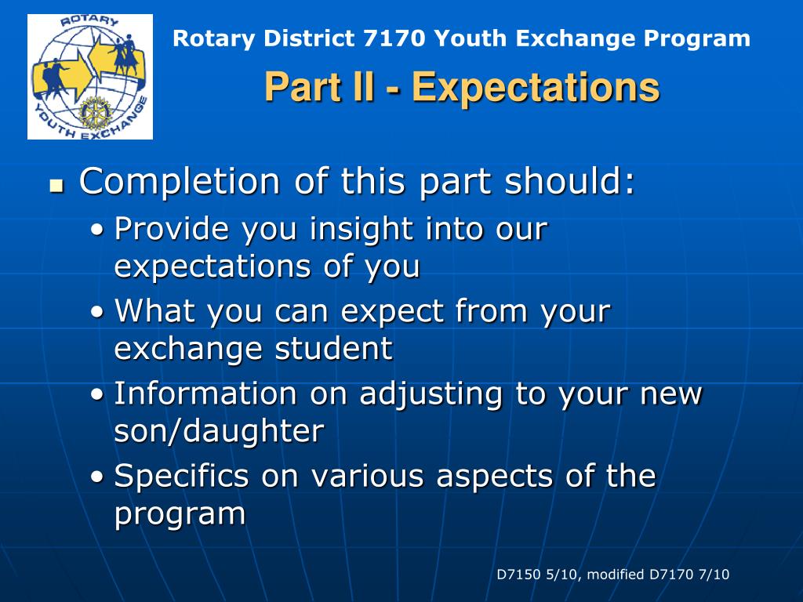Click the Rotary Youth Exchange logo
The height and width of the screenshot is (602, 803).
click(90, 77)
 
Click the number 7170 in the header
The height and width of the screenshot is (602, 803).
click(394, 38)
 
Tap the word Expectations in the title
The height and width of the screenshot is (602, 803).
click(536, 87)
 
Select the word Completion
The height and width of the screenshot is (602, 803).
click(180, 181)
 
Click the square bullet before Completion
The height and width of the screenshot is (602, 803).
click(56, 186)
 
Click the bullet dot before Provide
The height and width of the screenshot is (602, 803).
click(97, 230)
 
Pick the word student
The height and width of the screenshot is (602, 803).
click(334, 349)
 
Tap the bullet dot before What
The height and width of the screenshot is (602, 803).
click(97, 312)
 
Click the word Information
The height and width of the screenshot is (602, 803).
click(205, 393)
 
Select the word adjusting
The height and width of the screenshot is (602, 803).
click(431, 395)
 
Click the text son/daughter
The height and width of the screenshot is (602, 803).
click(220, 431)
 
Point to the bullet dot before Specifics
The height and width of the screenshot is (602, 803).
click(97, 477)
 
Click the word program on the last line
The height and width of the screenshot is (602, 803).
click(180, 514)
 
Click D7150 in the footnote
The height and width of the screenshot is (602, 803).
click(519, 575)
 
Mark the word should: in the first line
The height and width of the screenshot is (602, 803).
click(569, 181)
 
